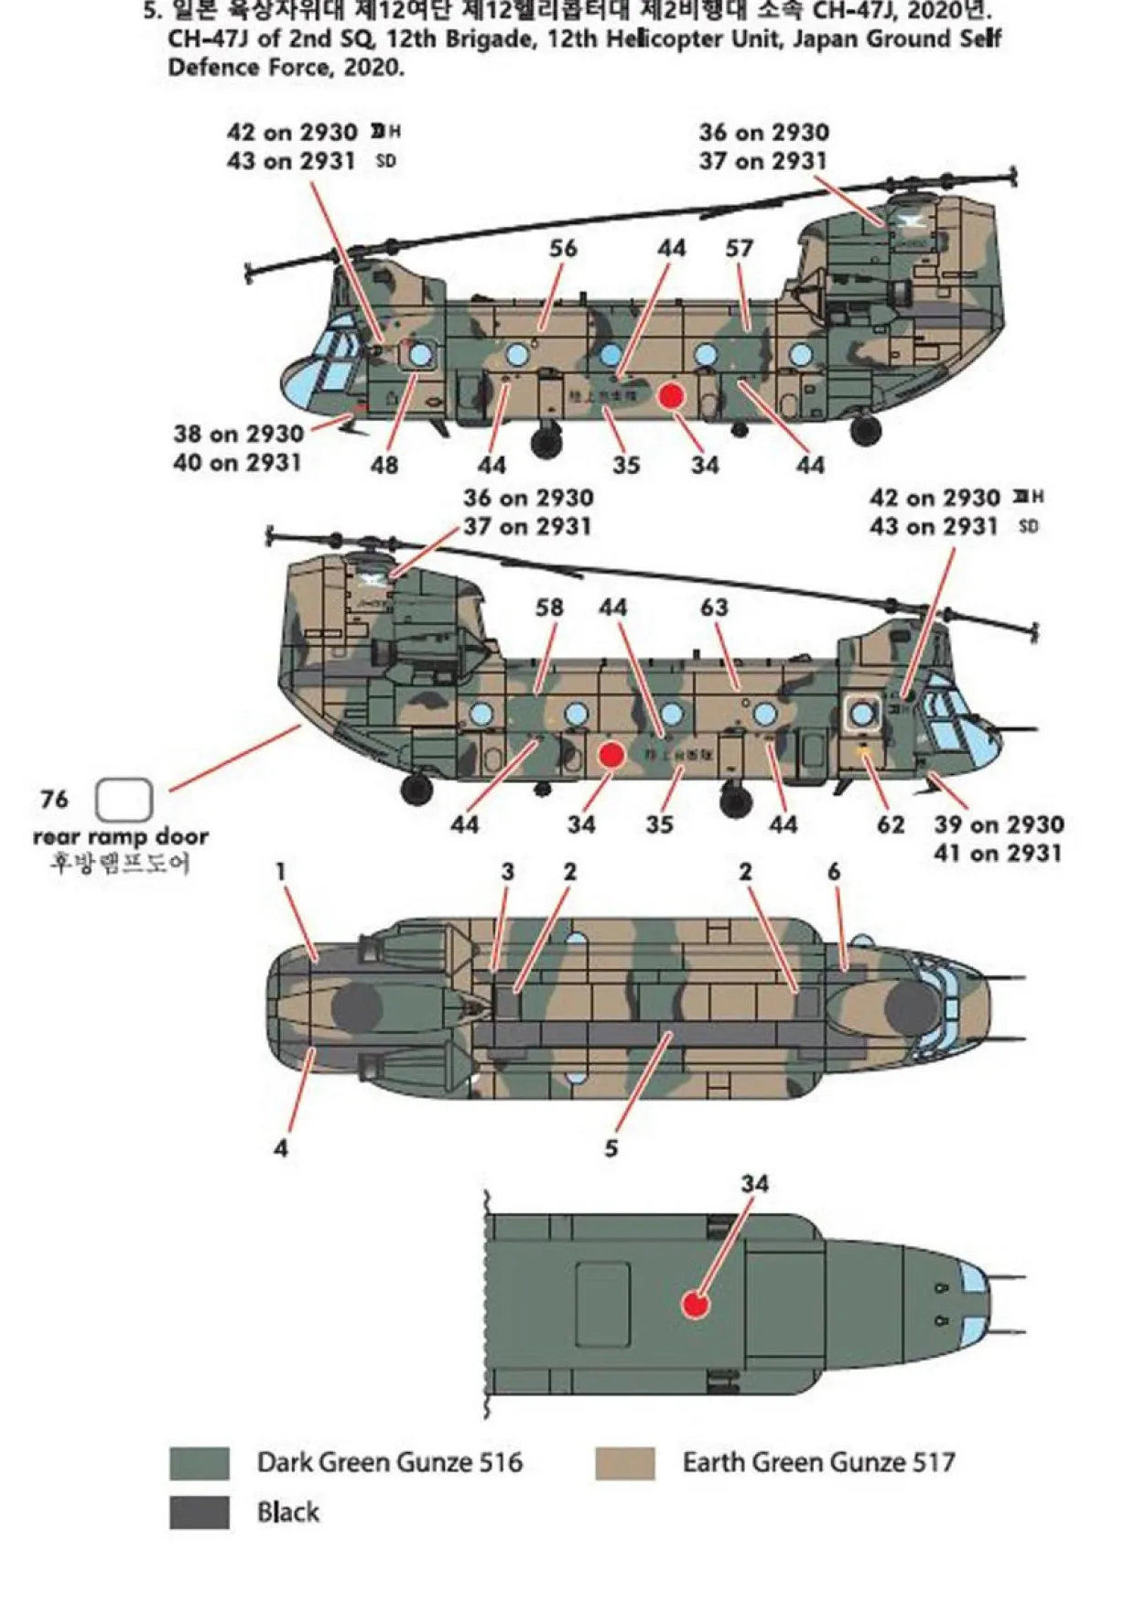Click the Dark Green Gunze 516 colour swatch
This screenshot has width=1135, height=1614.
pos(199,1463)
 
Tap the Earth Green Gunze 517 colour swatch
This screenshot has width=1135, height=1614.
pos(624,1463)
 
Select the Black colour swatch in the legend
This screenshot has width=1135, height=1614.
pos(199,1512)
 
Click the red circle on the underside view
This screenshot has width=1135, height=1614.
pos(697,1304)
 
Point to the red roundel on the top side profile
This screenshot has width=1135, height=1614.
pos(672,395)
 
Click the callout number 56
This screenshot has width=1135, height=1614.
pos(563,248)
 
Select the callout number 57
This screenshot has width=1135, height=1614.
pos(739,248)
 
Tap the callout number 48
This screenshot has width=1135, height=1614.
pos(384,465)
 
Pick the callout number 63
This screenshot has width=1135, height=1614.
pos(714,608)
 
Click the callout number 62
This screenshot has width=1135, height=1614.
pos(891,824)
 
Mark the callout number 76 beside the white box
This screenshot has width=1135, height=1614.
pos(54,800)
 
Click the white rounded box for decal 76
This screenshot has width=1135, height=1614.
pos(124,800)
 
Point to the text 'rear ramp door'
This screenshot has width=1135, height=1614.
pos(121,836)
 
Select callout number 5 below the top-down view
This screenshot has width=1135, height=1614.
pos(611,1147)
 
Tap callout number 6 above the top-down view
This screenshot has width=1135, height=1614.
pos(833,872)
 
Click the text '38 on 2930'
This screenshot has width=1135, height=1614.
pos(238,434)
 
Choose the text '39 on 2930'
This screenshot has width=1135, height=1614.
pos(999,824)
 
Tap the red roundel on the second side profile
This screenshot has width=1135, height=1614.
pos(611,755)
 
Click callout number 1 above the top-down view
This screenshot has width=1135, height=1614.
pos(281,872)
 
